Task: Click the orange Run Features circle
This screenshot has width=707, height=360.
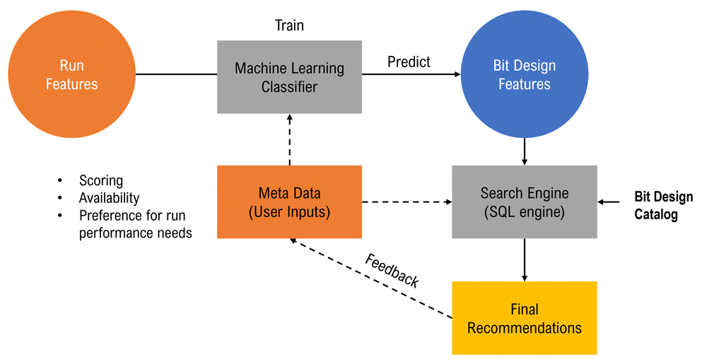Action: click(x=71, y=75)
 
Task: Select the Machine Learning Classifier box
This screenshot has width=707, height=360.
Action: click(x=289, y=77)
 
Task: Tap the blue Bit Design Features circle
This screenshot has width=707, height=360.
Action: click(x=524, y=75)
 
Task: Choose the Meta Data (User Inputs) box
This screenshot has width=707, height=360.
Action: click(x=289, y=201)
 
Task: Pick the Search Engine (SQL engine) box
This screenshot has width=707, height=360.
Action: click(x=524, y=202)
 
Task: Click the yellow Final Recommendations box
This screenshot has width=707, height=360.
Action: click(x=524, y=318)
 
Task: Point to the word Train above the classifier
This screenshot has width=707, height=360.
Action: click(x=289, y=25)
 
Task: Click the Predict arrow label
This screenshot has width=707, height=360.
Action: click(x=409, y=62)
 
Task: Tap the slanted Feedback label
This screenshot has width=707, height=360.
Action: click(x=392, y=269)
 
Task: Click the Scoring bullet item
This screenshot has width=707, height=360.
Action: click(x=100, y=181)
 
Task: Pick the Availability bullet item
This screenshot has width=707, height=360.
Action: click(x=109, y=198)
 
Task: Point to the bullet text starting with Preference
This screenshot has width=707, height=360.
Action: click(x=135, y=223)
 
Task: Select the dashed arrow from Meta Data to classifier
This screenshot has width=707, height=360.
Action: click(x=289, y=140)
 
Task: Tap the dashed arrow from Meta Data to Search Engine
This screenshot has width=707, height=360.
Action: click(x=407, y=202)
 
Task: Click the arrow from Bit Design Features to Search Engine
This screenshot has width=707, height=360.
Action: click(x=524, y=151)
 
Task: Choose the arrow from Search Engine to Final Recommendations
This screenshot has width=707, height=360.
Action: click(x=524, y=259)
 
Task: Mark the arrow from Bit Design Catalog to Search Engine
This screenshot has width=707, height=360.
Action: click(x=609, y=202)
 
